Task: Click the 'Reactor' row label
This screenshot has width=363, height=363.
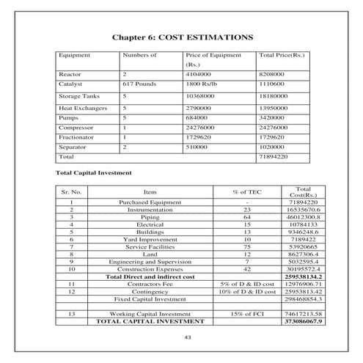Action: point(70,74)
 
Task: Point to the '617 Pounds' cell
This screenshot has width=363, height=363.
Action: point(137,84)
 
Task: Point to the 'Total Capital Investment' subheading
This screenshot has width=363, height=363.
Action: point(93,173)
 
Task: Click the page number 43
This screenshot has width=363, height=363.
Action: point(182,337)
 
